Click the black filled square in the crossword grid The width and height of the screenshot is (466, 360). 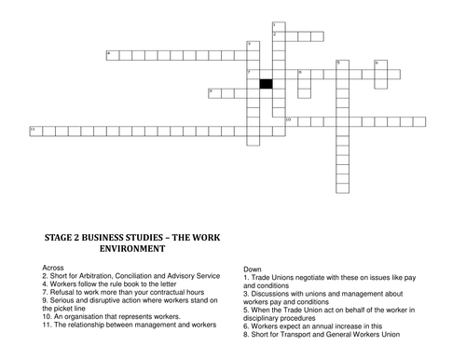click(x=267, y=84)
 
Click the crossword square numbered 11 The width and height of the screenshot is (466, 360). click(x=36, y=132)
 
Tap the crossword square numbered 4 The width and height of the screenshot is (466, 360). click(x=113, y=55)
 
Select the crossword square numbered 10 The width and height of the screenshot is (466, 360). click(x=292, y=122)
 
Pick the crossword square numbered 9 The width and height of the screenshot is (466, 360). click(x=214, y=93)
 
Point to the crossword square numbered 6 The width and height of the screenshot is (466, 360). click(x=381, y=65)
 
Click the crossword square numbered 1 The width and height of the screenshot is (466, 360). click(x=279, y=27)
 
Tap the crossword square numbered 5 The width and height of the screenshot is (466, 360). click(x=343, y=65)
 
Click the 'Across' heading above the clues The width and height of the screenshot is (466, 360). click(x=53, y=268)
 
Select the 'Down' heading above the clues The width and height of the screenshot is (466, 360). click(x=253, y=270)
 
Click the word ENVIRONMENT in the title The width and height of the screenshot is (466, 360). click(x=132, y=249)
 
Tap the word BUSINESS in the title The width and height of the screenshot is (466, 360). click(x=103, y=238)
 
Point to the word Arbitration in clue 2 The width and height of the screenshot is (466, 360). click(x=96, y=276)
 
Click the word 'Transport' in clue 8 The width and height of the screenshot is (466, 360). click(x=295, y=334)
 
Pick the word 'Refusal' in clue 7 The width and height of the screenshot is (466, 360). click(x=61, y=292)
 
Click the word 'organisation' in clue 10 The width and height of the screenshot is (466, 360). click(x=82, y=316)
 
